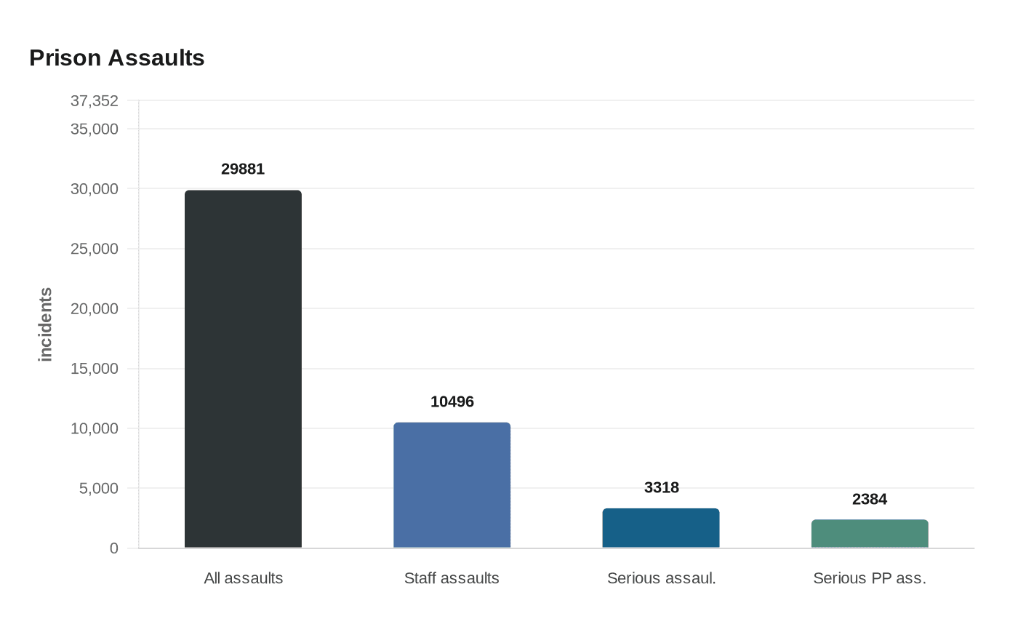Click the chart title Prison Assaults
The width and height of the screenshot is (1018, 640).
pyautogui.click(x=116, y=58)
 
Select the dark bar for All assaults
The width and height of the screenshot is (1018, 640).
pyautogui.click(x=243, y=369)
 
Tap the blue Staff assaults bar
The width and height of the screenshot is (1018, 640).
pyautogui.click(x=452, y=485)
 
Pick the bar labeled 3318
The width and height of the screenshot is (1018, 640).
pyautogui.click(x=660, y=528)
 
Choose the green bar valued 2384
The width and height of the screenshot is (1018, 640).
pyautogui.click(x=870, y=534)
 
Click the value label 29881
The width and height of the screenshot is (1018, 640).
pyautogui.click(x=243, y=169)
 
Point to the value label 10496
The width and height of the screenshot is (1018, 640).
pyautogui.click(x=452, y=402)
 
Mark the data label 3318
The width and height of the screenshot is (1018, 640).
pyautogui.click(x=661, y=488)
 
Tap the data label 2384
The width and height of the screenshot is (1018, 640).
pyautogui.click(x=870, y=500)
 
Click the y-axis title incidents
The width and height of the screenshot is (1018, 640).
pyautogui.click(x=46, y=324)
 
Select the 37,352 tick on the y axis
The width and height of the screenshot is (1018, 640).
pyautogui.click(x=94, y=101)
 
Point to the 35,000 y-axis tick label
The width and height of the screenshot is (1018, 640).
pyautogui.click(x=94, y=129)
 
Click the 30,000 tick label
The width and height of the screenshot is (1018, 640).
pyautogui.click(x=94, y=189)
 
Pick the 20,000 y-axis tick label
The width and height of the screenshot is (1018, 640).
pyautogui.click(x=94, y=309)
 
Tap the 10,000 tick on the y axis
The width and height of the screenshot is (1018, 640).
pyautogui.click(x=94, y=428)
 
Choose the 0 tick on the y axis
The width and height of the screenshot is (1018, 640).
pyautogui.click(x=113, y=548)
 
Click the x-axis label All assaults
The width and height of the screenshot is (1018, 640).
pyautogui.click(x=243, y=579)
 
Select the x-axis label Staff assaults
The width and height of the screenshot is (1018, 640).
pyautogui.click(x=452, y=579)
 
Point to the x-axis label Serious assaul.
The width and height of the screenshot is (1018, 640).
pyautogui.click(x=661, y=579)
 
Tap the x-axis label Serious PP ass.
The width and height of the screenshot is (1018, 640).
pyautogui.click(x=870, y=579)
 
